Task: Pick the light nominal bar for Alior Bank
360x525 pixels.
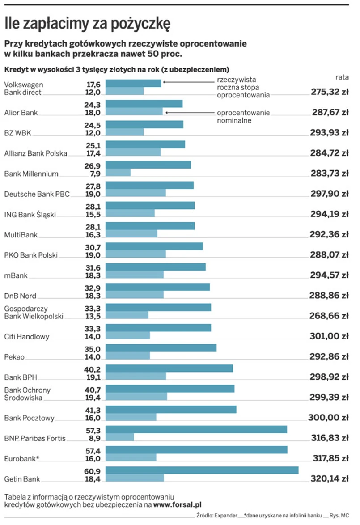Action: pos(134,112)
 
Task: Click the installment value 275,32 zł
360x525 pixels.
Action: pos(330,92)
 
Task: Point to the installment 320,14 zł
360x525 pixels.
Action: pos(330,479)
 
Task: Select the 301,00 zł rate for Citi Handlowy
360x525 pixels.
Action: pos(330,336)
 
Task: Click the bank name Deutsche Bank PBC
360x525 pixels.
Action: pos(37,194)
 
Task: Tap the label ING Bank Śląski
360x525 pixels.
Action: pos(30,214)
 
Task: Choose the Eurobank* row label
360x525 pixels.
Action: pos(22,458)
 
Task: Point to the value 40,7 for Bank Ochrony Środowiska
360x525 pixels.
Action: pos(93,390)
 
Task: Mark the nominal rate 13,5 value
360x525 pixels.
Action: pos(93,316)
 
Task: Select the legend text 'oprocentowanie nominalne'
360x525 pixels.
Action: pos(243,116)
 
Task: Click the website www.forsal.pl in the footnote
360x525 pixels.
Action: pos(178,505)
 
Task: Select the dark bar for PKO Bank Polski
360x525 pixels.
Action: pos(154,246)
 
